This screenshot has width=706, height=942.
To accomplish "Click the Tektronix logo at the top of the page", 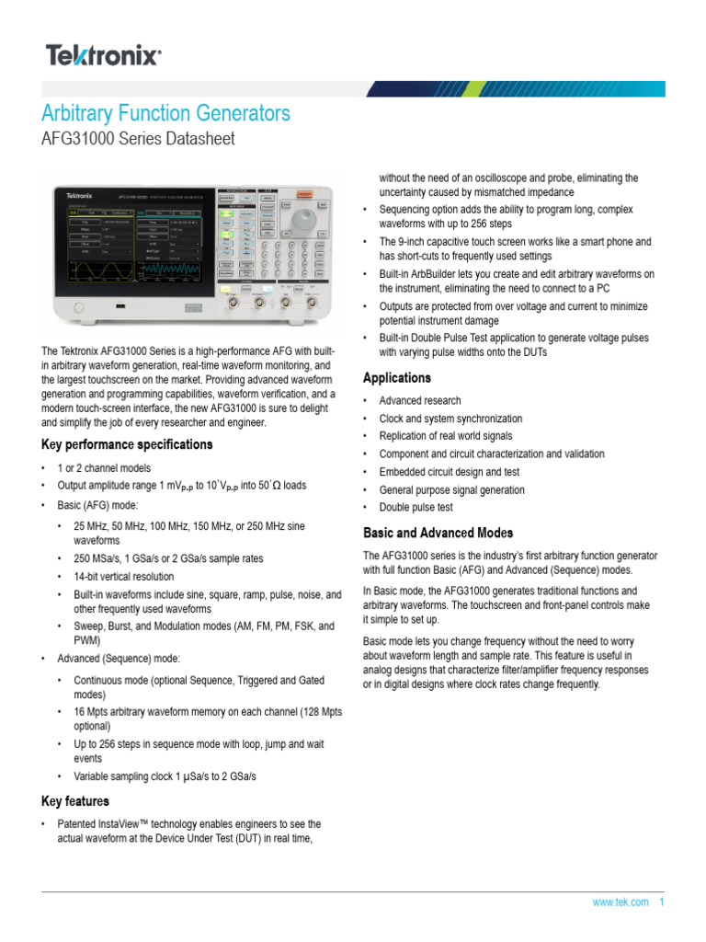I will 103,56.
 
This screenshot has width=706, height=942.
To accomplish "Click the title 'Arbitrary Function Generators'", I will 166,113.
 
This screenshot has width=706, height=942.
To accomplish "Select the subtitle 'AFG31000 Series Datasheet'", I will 138,139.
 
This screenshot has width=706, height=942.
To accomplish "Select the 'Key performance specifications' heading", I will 127,444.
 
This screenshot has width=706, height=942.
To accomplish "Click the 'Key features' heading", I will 75,801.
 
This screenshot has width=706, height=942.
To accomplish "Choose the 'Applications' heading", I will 397,378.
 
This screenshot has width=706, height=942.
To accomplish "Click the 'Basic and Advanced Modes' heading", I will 438,533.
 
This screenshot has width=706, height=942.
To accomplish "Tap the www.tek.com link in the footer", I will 621,902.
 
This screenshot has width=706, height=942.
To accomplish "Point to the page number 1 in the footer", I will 662,902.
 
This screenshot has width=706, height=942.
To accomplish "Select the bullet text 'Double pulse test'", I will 416,507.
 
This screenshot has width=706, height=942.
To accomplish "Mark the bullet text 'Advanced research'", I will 420,401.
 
